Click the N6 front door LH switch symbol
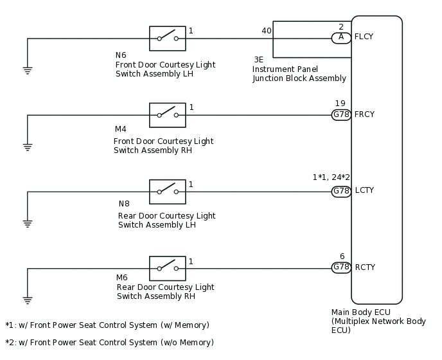(x=168, y=39)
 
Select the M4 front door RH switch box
(x=168, y=115)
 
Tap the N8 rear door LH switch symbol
(x=168, y=192)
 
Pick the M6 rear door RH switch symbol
(x=168, y=269)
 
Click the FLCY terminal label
(x=364, y=37)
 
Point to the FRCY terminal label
(x=364, y=114)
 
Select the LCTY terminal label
(x=364, y=190)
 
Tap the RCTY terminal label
(x=365, y=267)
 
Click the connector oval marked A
(x=341, y=38)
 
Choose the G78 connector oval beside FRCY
(x=341, y=115)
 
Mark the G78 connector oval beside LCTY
(x=341, y=192)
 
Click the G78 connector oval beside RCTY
(x=341, y=267)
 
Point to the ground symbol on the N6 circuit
(x=28, y=71)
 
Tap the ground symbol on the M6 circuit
(x=28, y=300)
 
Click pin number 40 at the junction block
(x=267, y=31)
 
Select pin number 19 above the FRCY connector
(x=340, y=104)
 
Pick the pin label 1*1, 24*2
(x=331, y=177)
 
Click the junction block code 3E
(x=258, y=60)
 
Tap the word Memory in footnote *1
(x=191, y=325)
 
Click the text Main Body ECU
(x=361, y=312)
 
